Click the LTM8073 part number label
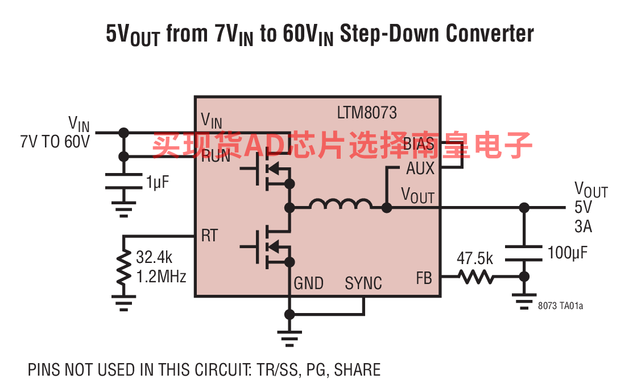[367, 113]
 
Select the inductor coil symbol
[341, 204]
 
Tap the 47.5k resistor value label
[474, 258]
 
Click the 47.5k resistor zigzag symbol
[475, 277]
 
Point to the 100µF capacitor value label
[567, 253]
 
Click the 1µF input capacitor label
[158, 182]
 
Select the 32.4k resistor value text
[154, 257]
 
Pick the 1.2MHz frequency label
[162, 277]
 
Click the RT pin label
[210, 236]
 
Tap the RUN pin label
[216, 156]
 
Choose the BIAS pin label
[419, 144]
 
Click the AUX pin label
[420, 168]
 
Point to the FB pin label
[424, 278]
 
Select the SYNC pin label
[363, 283]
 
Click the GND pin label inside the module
[309, 283]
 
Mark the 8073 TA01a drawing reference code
[560, 306]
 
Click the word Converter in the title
[490, 33]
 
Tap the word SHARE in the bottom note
[357, 370]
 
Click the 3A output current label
[583, 227]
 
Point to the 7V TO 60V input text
[55, 142]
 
